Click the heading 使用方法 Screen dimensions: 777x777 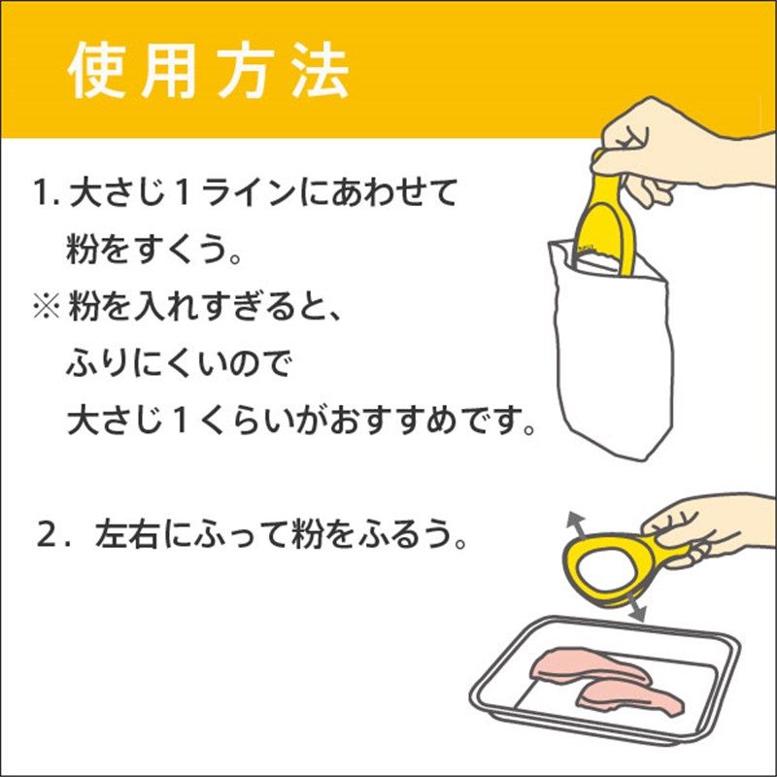[x=208, y=71]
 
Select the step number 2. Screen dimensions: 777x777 [x=53, y=536]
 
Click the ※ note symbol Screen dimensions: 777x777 [x=47, y=306]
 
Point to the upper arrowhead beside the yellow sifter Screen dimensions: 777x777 [x=576, y=522]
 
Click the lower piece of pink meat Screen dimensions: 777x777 [x=629, y=697]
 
